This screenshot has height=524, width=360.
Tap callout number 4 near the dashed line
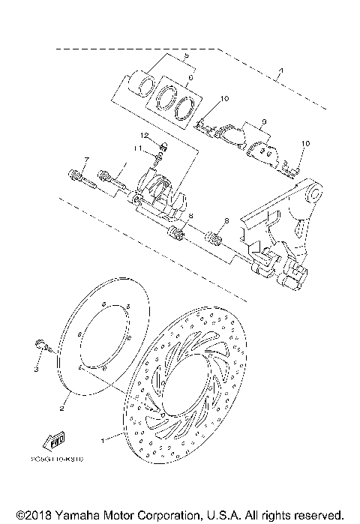tap(280, 73)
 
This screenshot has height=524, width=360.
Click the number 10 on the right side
tap(304, 143)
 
